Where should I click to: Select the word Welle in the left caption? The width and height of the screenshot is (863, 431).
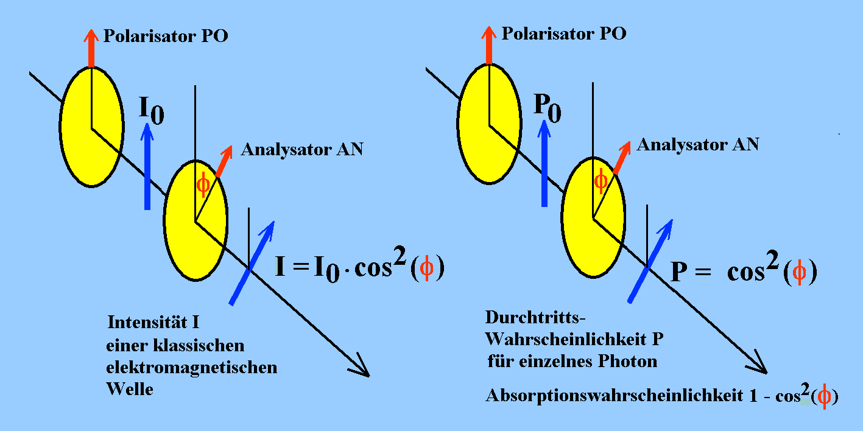pyautogui.click(x=130, y=389)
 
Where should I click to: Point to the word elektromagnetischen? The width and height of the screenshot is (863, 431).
pyautogui.click(x=191, y=367)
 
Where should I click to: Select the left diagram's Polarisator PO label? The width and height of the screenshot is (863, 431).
pyautogui.click(x=166, y=36)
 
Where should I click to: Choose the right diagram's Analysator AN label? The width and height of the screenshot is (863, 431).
pyautogui.click(x=698, y=145)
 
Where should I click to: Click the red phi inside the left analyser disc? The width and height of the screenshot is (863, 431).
pyautogui.click(x=203, y=184)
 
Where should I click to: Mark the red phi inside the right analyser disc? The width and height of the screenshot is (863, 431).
pyautogui.click(x=601, y=180)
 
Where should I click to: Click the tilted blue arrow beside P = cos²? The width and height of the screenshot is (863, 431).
pyautogui.click(x=651, y=260)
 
